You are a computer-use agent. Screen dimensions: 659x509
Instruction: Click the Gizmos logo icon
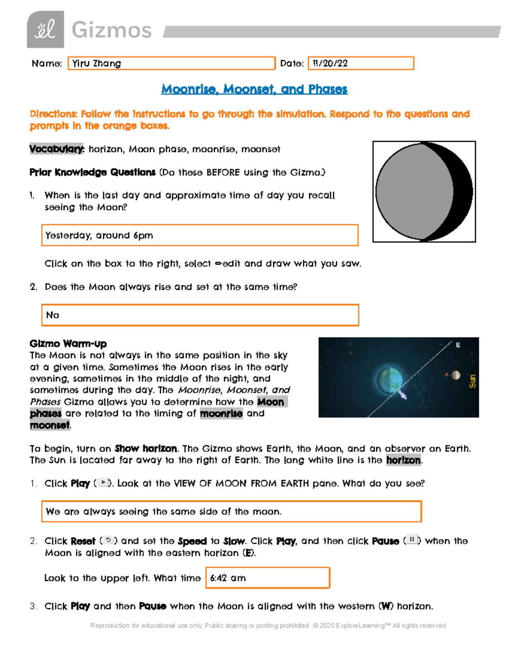coord(45,29)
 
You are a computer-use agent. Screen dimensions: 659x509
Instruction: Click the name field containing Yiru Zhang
coord(171,63)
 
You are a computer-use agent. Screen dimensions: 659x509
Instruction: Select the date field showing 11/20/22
coord(361,63)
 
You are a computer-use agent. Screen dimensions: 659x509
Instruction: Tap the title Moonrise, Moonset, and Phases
coord(254,89)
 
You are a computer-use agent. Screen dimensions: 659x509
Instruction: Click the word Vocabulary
coord(57,149)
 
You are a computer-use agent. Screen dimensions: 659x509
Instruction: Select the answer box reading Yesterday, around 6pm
coord(200,235)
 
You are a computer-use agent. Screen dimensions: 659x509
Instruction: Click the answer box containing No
coord(200,315)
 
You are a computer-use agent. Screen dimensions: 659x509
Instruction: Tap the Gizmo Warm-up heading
coord(68,343)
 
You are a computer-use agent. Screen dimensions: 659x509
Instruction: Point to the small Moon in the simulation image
coord(456,375)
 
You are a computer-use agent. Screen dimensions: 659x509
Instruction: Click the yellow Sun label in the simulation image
coord(472,381)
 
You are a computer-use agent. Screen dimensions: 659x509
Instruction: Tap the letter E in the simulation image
coord(458,345)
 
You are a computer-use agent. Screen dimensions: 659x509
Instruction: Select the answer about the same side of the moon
coord(231,511)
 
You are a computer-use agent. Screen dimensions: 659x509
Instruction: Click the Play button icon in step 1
coord(103,482)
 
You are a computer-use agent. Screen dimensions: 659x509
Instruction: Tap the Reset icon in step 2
coord(109,540)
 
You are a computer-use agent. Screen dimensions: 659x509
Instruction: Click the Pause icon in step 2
coord(411,540)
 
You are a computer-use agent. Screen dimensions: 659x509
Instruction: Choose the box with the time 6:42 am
coord(268,578)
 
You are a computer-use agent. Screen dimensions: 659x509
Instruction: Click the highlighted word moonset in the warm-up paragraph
coord(50,425)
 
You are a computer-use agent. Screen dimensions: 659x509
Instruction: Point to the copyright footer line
coord(268,625)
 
